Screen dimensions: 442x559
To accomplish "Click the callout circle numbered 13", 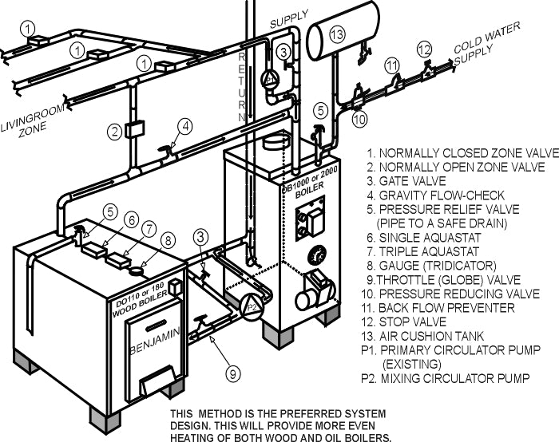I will (x=337, y=34).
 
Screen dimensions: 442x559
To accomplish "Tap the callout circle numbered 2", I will (x=116, y=130).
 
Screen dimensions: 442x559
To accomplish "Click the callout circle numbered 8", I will (x=166, y=239).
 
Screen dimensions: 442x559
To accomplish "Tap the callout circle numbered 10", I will (x=359, y=119).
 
